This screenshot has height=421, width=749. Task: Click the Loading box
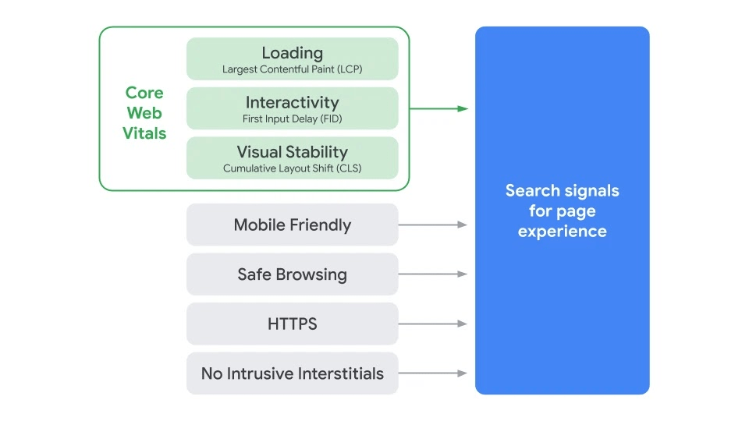292,58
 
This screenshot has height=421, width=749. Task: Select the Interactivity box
292,108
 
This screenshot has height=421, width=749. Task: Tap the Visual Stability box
292,157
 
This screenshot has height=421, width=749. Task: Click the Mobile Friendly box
292,225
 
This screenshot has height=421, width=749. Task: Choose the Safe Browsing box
292,274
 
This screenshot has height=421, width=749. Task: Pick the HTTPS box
292,324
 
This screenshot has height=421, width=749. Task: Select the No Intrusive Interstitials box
292,373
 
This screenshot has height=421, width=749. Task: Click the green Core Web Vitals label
144,113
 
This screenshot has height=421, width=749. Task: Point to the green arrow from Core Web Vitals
438,108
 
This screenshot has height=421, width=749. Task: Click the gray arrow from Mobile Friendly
433,225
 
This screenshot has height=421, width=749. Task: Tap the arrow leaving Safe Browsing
433,274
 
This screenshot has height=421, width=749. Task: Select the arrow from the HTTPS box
433,324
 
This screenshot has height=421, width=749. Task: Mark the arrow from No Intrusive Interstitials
433,373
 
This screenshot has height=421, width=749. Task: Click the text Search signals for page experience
562,210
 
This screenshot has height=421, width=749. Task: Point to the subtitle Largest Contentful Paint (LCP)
292,69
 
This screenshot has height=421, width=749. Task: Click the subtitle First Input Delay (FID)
292,119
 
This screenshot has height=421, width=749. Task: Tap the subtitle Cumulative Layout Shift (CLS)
292,168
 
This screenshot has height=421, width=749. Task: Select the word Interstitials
338,373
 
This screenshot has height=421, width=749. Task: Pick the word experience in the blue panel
562,232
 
